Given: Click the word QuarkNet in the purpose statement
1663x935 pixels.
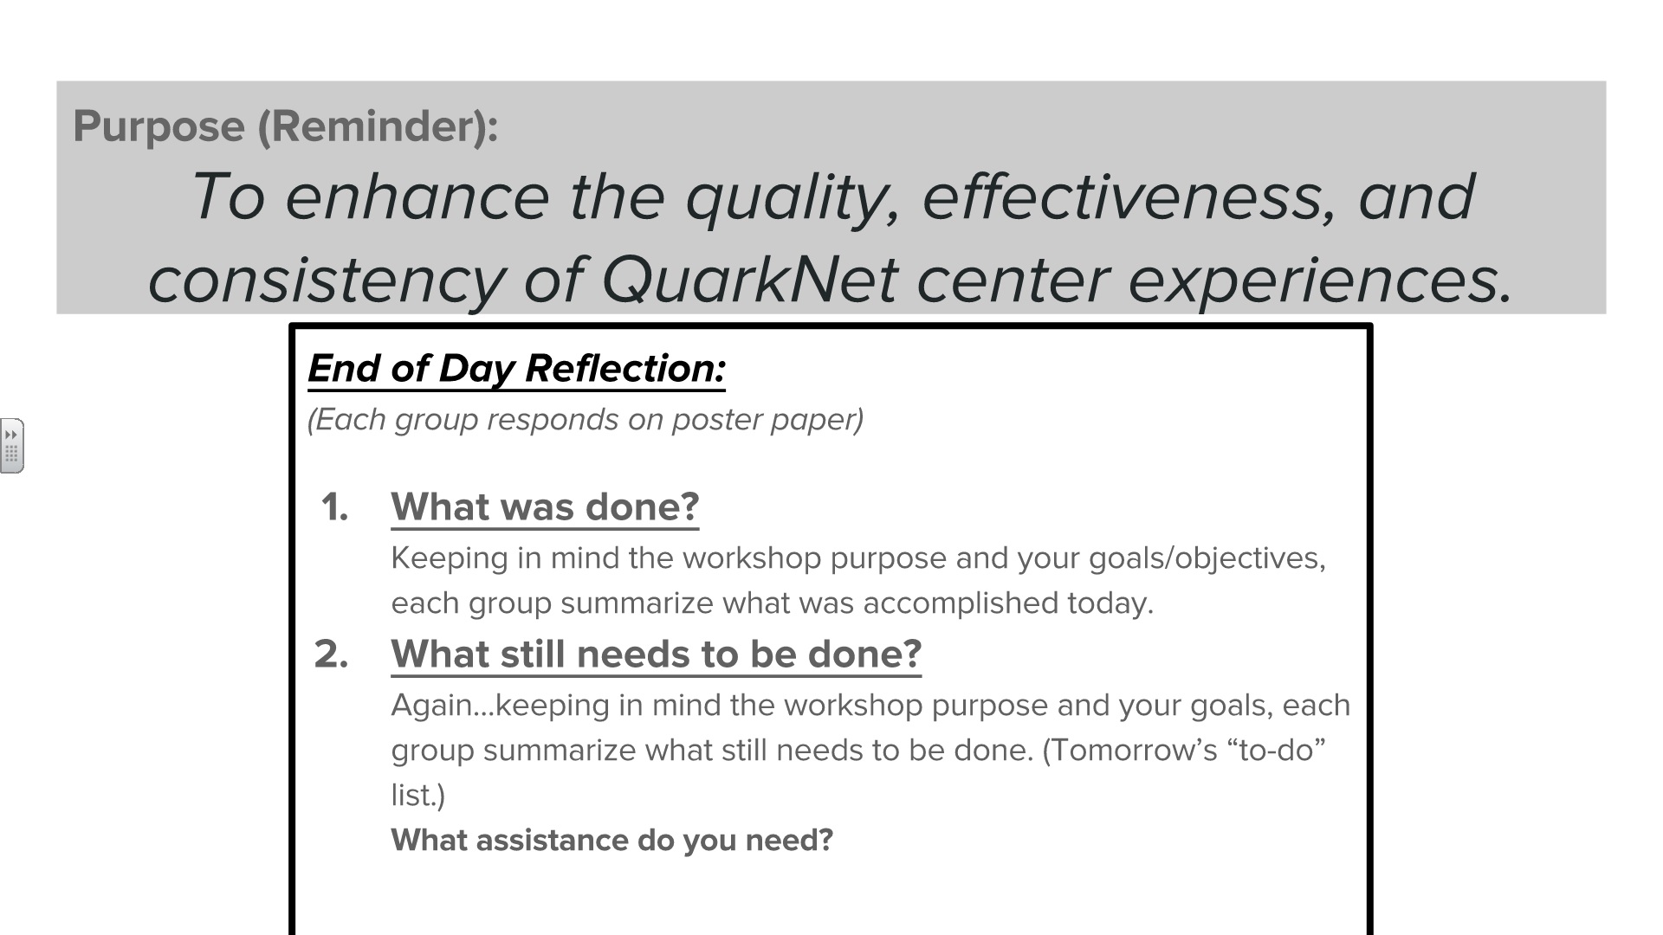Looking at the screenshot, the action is coord(748,279).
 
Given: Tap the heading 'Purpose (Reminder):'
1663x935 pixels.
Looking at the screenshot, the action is coord(286,126).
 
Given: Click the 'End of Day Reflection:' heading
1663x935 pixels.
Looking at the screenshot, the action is coord(517,369).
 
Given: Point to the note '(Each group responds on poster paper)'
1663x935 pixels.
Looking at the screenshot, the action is coord(586,419).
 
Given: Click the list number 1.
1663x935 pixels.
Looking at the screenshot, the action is coord(334,507).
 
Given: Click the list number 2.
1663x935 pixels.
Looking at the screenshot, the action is coord(332,654).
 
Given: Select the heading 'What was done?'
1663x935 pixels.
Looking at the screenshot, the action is coord(545,507).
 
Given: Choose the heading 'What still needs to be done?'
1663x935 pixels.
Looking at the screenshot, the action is coord(656,654).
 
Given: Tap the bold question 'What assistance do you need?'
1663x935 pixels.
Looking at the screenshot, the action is coord(611,840).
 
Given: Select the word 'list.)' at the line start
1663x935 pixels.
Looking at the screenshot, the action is coord(418,795).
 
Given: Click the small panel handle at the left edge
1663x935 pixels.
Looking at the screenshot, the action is coord(12,446).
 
